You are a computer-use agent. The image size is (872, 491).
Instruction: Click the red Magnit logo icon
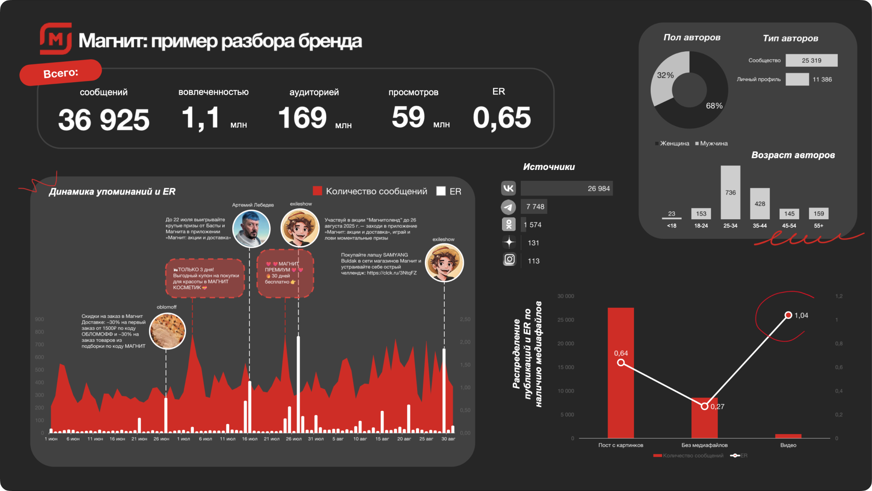[x=56, y=39]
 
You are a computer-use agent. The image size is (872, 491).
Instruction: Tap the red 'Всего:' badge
[x=61, y=73]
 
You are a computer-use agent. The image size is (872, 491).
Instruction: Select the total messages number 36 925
[x=104, y=120]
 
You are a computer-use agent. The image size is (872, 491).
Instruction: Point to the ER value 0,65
[x=502, y=118]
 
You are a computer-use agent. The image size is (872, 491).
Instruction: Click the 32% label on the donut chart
[x=665, y=75]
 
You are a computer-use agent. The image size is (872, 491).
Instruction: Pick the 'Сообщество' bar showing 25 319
[x=811, y=61]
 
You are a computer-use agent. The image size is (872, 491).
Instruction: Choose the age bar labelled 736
[x=730, y=192]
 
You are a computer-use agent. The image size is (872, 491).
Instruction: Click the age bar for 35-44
[x=760, y=204]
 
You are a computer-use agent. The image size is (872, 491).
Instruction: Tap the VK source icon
[x=509, y=188]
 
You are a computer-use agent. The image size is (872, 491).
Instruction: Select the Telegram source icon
[x=509, y=207]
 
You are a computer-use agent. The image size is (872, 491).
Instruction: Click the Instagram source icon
[x=509, y=260]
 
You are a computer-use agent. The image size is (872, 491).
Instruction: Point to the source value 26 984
[x=598, y=189]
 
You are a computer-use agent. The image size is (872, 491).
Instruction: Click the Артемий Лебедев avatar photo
[x=251, y=229]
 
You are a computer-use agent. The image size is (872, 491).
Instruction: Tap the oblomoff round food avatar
[x=167, y=331]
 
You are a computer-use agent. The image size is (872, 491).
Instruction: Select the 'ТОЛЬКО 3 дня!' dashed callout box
[x=205, y=278]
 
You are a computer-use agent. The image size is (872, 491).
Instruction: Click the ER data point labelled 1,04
[x=788, y=315]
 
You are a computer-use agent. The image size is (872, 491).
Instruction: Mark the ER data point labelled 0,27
[x=705, y=406]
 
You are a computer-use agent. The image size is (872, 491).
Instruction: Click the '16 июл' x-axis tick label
[x=250, y=439]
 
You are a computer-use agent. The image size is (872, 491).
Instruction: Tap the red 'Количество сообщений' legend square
[x=317, y=191]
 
